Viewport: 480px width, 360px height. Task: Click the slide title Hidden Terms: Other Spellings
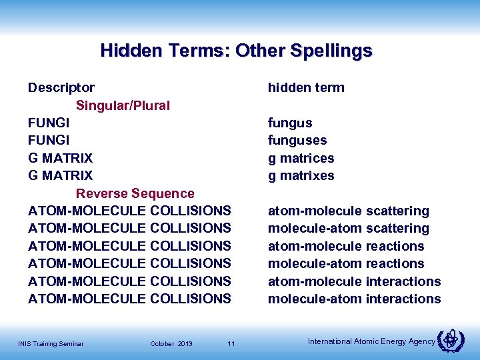(236, 51)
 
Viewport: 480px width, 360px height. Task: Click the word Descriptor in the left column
(61, 87)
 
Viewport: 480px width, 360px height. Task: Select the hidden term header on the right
(306, 87)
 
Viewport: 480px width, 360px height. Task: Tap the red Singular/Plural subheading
(123, 105)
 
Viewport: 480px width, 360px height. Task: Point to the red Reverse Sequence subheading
(135, 193)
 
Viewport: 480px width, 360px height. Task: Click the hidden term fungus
(290, 123)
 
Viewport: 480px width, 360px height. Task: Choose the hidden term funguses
(297, 141)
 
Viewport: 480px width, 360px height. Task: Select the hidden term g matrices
(301, 158)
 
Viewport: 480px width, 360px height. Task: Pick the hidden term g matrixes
(301, 176)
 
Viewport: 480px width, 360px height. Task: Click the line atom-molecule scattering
(349, 211)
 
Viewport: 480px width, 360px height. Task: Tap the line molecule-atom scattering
(349, 229)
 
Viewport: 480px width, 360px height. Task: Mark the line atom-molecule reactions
(346, 246)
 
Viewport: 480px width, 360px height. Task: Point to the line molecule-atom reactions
(346, 264)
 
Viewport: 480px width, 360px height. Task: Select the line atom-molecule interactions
(354, 281)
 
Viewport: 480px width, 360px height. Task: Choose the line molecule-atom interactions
(354, 299)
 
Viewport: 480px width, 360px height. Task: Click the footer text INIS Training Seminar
(51, 344)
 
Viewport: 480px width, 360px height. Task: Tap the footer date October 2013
(171, 344)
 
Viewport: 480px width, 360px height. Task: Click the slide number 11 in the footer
(231, 344)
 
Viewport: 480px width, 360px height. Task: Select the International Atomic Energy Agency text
(371, 341)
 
